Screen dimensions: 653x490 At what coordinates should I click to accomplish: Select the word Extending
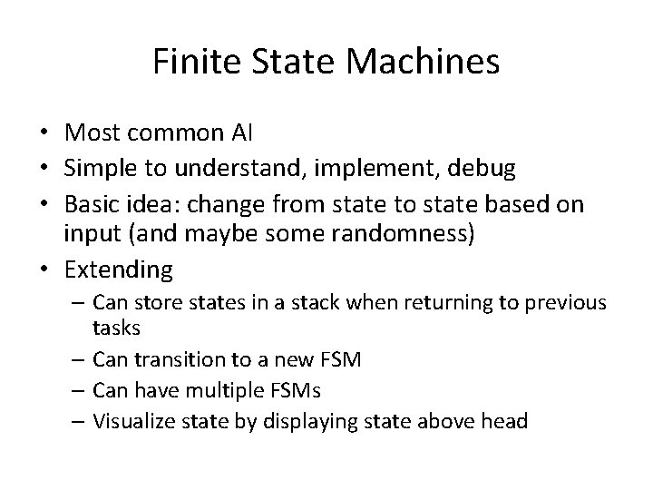[x=119, y=269]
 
